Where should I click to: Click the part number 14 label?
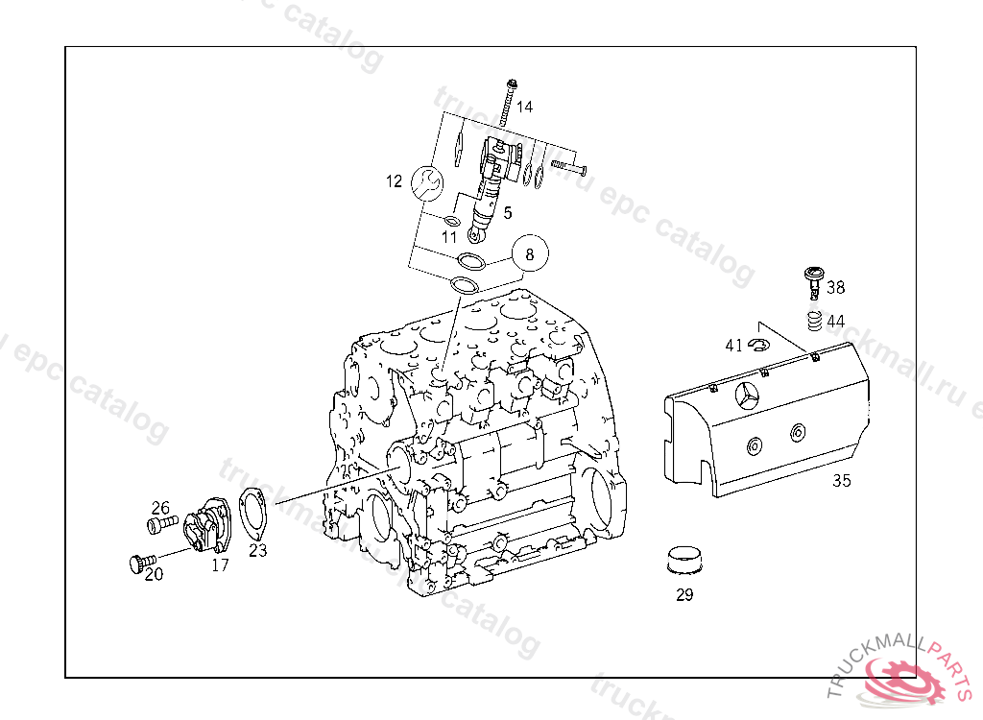click(524, 107)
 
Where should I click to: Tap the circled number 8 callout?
click(530, 254)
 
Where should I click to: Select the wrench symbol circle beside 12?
click(428, 181)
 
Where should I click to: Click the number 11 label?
click(450, 236)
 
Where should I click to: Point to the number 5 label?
click(507, 212)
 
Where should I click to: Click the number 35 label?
click(841, 481)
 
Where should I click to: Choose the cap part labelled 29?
click(683, 559)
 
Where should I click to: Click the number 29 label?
click(684, 595)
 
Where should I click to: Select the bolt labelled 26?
click(161, 524)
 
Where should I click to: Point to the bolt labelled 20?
click(141, 561)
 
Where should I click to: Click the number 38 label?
click(836, 287)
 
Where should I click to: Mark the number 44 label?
click(836, 322)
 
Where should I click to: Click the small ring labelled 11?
click(452, 222)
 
